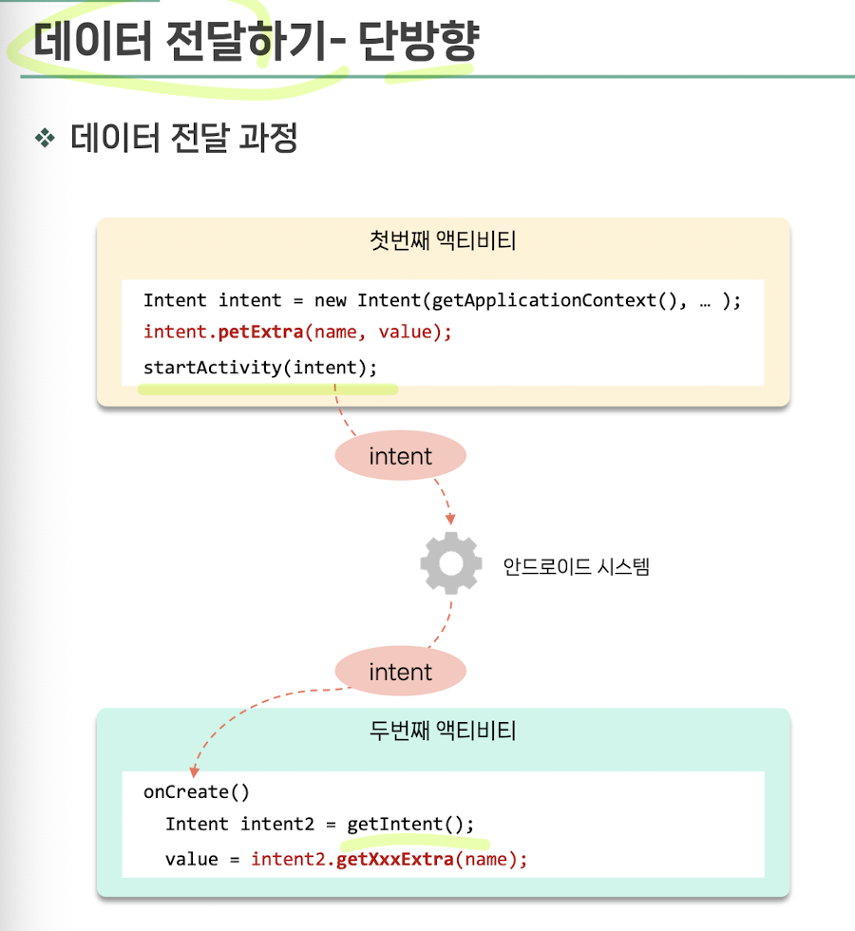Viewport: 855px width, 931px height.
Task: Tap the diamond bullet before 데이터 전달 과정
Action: point(45,139)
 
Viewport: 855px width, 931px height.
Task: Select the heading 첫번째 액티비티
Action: point(443,241)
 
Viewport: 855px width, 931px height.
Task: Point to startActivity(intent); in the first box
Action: point(259,367)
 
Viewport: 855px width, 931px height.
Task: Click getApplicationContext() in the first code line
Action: point(542,300)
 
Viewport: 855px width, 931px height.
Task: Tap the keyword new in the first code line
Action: point(330,300)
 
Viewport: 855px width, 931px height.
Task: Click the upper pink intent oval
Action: point(400,457)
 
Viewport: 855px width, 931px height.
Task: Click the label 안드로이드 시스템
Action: point(576,567)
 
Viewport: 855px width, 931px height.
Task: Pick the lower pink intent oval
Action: point(400,673)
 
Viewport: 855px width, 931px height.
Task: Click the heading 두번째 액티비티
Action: point(443,731)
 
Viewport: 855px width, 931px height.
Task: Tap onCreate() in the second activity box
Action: point(197,791)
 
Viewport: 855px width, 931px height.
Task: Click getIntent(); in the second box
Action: point(409,824)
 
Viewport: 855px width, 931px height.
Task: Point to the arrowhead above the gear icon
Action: point(450,519)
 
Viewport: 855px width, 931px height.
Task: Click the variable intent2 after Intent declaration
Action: point(277,824)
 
